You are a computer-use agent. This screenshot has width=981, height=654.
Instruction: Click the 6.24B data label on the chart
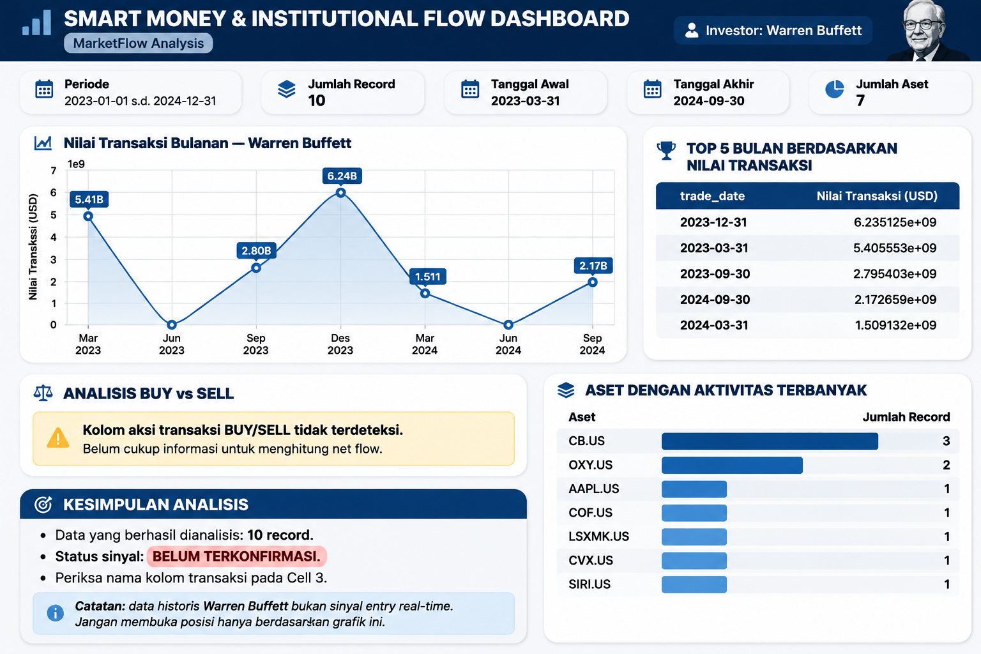pyautogui.click(x=342, y=176)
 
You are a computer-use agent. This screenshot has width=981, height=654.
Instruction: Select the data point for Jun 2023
pyautogui.click(x=172, y=324)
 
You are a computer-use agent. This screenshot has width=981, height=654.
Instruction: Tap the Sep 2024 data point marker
pyautogui.click(x=593, y=282)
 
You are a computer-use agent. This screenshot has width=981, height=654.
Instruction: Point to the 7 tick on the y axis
pyautogui.click(x=54, y=171)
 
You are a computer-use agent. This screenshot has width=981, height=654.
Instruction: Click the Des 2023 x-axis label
pyautogui.click(x=340, y=344)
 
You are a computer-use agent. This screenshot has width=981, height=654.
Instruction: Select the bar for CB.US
pyautogui.click(x=770, y=441)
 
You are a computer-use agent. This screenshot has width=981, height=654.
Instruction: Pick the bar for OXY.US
pyautogui.click(x=732, y=465)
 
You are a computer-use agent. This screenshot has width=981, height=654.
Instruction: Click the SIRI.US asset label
pyautogui.click(x=589, y=584)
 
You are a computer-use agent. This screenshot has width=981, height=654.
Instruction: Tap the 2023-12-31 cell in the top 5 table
pyautogui.click(x=713, y=222)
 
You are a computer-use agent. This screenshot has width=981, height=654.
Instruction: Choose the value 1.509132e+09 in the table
pyautogui.click(x=895, y=325)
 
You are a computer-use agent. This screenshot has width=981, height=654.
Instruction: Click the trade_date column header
pyautogui.click(x=712, y=196)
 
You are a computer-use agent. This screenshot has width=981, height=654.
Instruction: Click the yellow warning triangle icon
pyautogui.click(x=58, y=438)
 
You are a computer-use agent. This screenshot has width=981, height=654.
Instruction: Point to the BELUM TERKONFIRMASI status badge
pyautogui.click(x=236, y=556)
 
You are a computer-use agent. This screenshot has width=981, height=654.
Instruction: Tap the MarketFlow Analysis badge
pyautogui.click(x=139, y=43)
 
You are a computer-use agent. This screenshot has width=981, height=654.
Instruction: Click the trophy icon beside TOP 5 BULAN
pyautogui.click(x=666, y=150)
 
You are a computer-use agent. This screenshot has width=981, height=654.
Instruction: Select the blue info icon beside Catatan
pyautogui.click(x=55, y=613)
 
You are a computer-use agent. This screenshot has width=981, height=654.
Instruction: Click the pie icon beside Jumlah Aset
pyautogui.click(x=834, y=89)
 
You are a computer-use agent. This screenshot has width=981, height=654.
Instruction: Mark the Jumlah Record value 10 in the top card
pyautogui.click(x=317, y=101)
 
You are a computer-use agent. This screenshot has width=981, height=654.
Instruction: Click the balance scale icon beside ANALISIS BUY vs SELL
pyautogui.click(x=43, y=393)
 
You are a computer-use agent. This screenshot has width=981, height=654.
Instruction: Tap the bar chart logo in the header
pyautogui.click(x=36, y=22)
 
